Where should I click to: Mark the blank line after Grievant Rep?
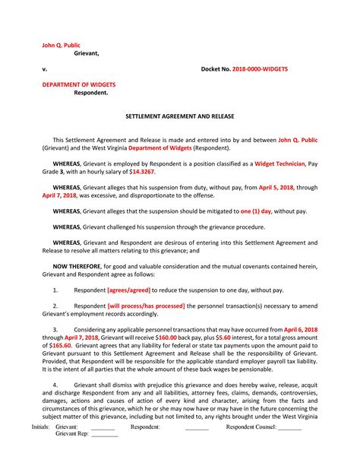point(105,457)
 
